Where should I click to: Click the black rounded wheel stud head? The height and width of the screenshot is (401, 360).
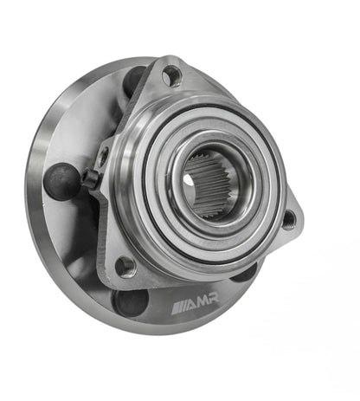(x=61, y=180)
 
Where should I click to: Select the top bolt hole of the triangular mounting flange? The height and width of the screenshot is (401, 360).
(x=172, y=76)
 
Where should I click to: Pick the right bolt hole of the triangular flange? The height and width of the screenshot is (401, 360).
(x=288, y=220)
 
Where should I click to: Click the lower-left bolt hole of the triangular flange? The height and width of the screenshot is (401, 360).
(x=126, y=266)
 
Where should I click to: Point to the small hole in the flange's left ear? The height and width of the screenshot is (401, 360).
(x=104, y=157)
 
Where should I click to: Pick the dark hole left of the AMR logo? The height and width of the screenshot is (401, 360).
(x=132, y=302)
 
